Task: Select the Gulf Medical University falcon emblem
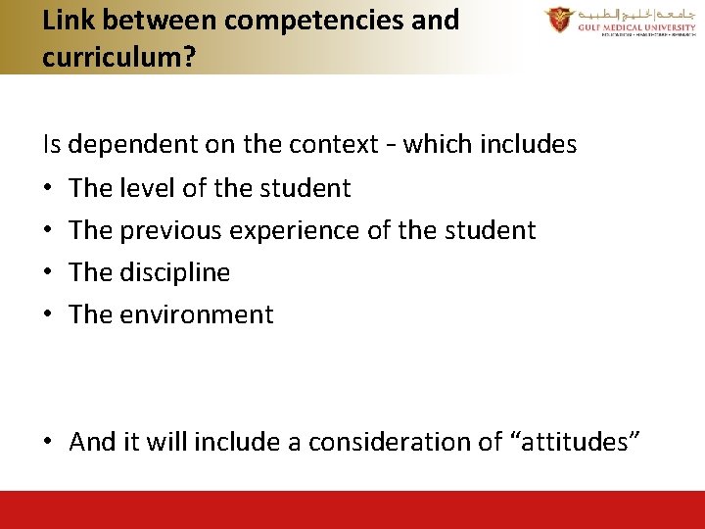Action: [x=560, y=20]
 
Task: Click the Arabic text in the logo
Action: [x=632, y=16]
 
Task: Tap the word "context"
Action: [x=334, y=145]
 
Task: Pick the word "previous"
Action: [x=170, y=230]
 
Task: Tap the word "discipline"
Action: [x=175, y=272]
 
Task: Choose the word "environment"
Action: [x=197, y=314]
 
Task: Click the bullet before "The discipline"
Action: [x=48, y=272]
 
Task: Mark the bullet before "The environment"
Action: [x=48, y=314]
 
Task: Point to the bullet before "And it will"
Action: [x=48, y=443]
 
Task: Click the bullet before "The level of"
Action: [x=48, y=188]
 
